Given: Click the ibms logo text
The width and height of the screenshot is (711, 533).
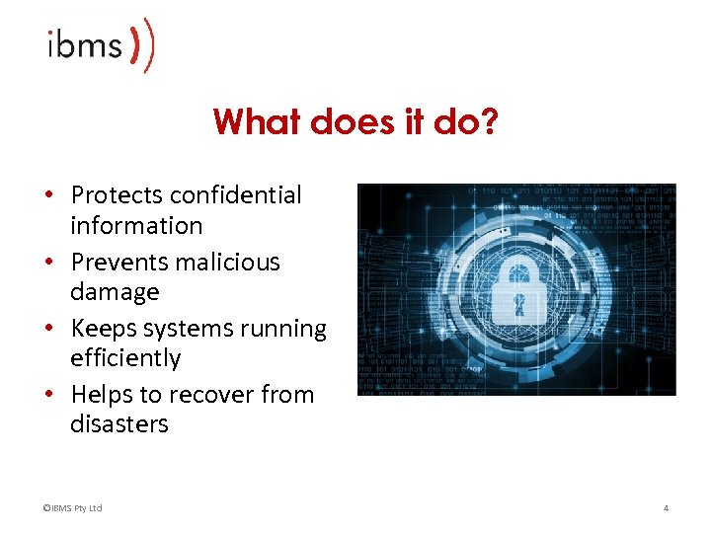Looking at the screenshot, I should coord(85,45).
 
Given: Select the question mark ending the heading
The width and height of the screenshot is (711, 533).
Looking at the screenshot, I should coord(490,122).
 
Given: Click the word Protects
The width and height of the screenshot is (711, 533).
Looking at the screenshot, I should coord(117,195).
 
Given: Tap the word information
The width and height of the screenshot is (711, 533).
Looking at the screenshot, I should coord(136,225).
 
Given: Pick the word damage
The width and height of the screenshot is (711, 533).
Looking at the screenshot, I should coord(115,292).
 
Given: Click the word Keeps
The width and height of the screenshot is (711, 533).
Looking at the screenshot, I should coord(102,328).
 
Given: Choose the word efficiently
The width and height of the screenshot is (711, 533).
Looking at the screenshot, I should coord(125,357).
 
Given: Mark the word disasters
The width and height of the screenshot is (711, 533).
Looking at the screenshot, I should coord(119,423).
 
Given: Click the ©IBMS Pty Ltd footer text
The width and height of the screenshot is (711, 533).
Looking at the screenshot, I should coord(72,508).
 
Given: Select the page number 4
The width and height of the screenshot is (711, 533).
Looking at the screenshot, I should coord(666,508).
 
